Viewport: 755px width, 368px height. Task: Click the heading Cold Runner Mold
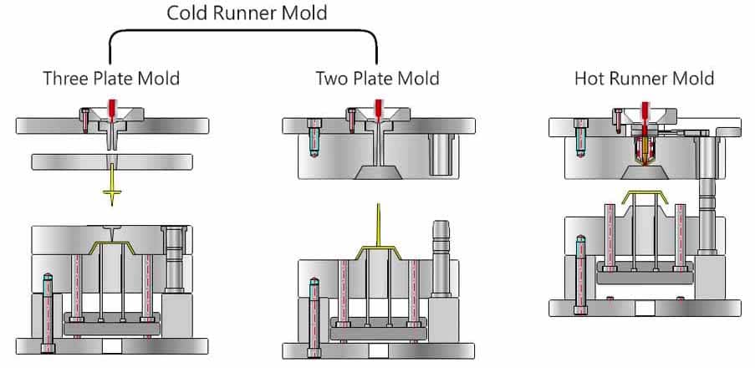[247, 13]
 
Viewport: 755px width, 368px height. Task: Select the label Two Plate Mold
[377, 79]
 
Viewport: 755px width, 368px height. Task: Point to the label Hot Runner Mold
[644, 79]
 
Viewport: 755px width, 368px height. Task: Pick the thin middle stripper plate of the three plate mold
[67, 161]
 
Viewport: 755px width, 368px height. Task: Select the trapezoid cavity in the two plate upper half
[378, 172]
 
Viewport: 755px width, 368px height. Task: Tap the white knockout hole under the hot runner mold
[644, 308]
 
